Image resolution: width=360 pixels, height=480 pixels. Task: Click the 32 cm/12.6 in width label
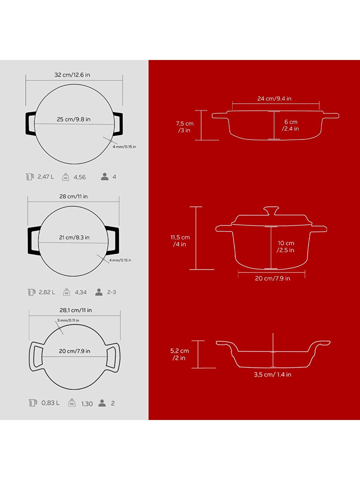coord(72,75)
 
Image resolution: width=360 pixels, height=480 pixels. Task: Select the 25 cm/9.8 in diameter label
coord(73,119)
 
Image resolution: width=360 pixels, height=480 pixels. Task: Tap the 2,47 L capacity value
coord(46,177)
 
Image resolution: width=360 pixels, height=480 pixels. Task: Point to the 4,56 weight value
coord(79,177)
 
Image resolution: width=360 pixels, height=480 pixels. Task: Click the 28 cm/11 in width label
coord(73,196)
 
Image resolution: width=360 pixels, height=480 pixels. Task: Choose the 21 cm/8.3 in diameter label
coord(74,238)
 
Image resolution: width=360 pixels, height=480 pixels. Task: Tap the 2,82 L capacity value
coord(47,292)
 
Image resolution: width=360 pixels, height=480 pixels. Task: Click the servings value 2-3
coord(112,292)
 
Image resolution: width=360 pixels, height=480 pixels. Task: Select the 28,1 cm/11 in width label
coord(76,310)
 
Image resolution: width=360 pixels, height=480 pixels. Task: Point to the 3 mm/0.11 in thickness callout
coord(68,320)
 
